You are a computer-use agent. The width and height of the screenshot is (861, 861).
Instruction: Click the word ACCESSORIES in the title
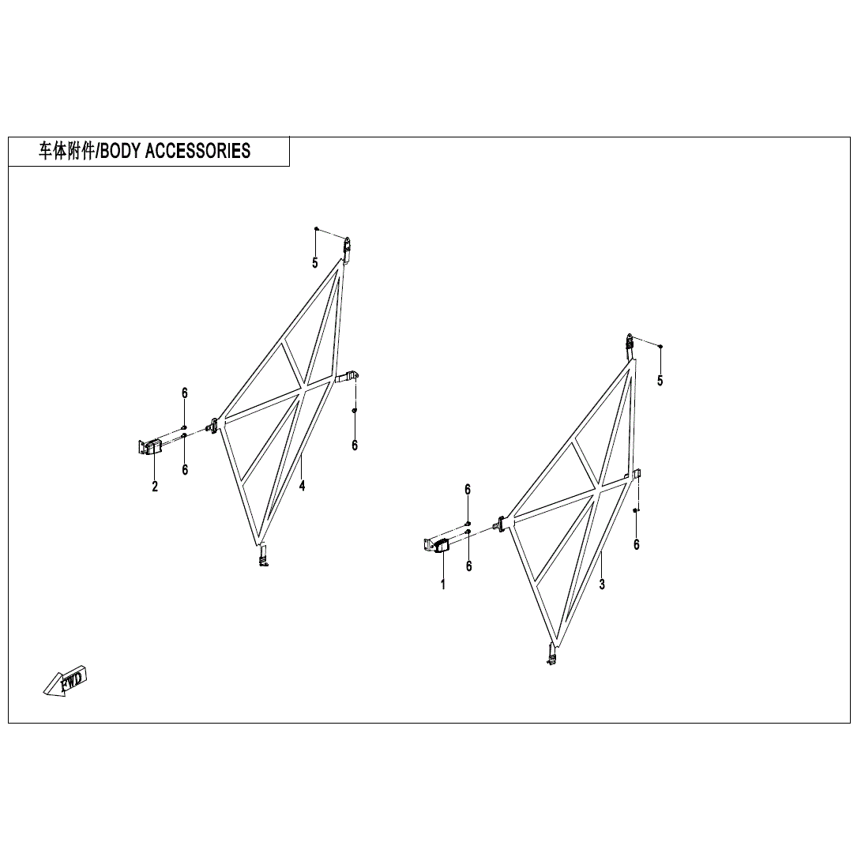[x=197, y=150]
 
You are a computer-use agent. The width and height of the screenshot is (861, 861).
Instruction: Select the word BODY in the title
[x=120, y=150]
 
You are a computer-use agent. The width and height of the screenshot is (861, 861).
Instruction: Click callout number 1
[x=443, y=585]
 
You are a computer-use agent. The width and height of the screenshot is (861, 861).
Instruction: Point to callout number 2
[x=155, y=486]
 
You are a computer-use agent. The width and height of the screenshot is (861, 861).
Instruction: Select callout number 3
[x=602, y=585]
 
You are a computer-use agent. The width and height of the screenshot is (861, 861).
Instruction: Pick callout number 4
[x=302, y=486]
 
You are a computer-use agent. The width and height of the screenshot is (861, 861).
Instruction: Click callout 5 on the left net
[x=314, y=263]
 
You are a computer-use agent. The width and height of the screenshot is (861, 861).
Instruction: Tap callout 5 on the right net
[x=660, y=381]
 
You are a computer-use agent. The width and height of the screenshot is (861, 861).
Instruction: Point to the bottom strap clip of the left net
[x=264, y=555]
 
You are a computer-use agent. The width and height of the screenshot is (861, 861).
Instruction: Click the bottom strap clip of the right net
[x=551, y=654]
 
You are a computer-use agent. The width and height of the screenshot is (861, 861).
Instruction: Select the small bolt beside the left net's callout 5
[x=316, y=228]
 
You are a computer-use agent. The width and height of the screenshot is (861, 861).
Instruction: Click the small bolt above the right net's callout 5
[x=660, y=347]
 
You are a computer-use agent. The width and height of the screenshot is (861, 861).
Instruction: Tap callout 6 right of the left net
[x=355, y=446]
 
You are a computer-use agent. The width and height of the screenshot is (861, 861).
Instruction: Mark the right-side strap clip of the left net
[x=347, y=378]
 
